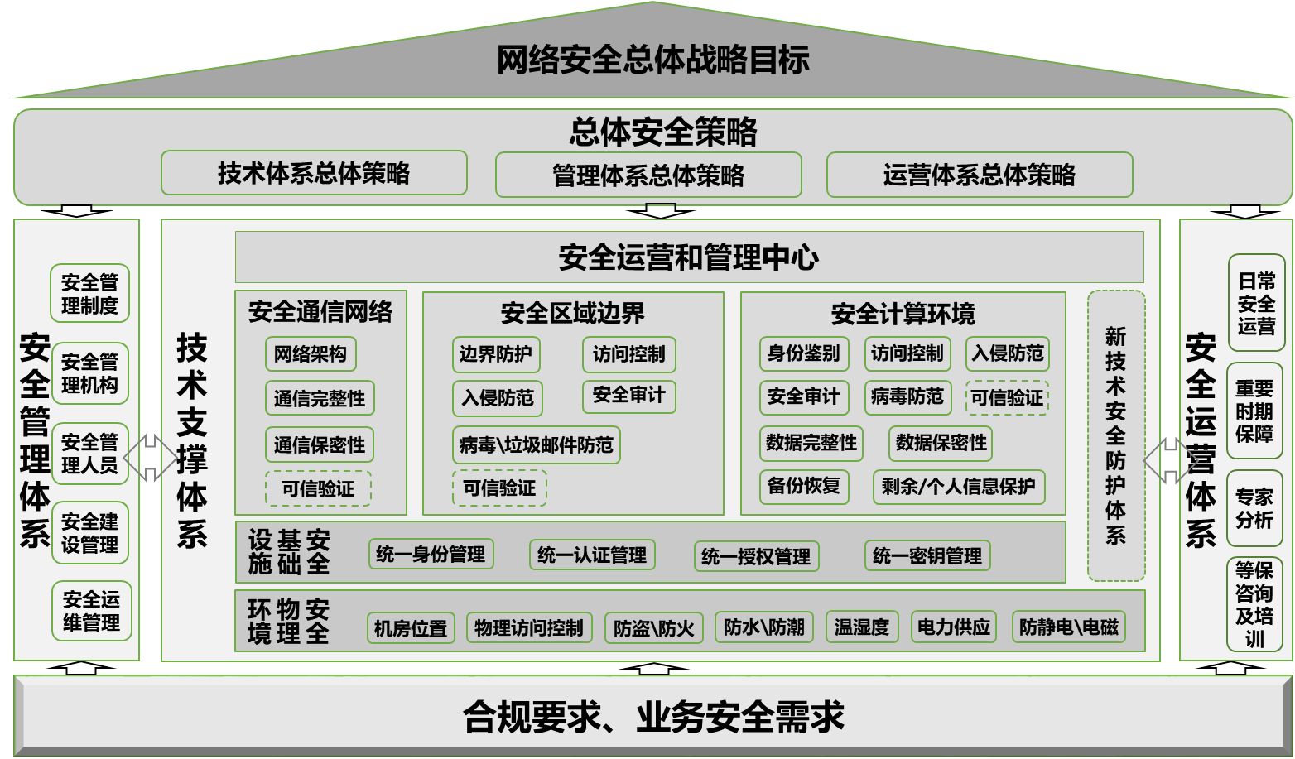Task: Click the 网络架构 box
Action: (311, 354)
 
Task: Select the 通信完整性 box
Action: (320, 398)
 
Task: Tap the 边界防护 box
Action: (496, 354)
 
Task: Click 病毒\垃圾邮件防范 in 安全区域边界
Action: (537, 445)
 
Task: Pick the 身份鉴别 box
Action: (803, 353)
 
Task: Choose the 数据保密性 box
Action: (941, 443)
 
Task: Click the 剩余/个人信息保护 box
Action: (958, 487)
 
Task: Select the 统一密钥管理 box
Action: (927, 555)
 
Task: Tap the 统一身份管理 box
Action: (431, 554)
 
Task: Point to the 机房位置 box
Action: (410, 628)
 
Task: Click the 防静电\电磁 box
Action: (1068, 627)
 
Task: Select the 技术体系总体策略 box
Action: (314, 173)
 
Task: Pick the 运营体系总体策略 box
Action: (979, 175)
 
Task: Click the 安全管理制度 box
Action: (89, 294)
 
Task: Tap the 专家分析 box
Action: (1254, 508)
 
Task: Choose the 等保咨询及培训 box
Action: (1254, 604)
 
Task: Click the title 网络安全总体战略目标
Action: (652, 60)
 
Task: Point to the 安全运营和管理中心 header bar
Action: (689, 257)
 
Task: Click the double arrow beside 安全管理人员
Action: (150, 456)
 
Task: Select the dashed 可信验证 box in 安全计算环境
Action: (1007, 398)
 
